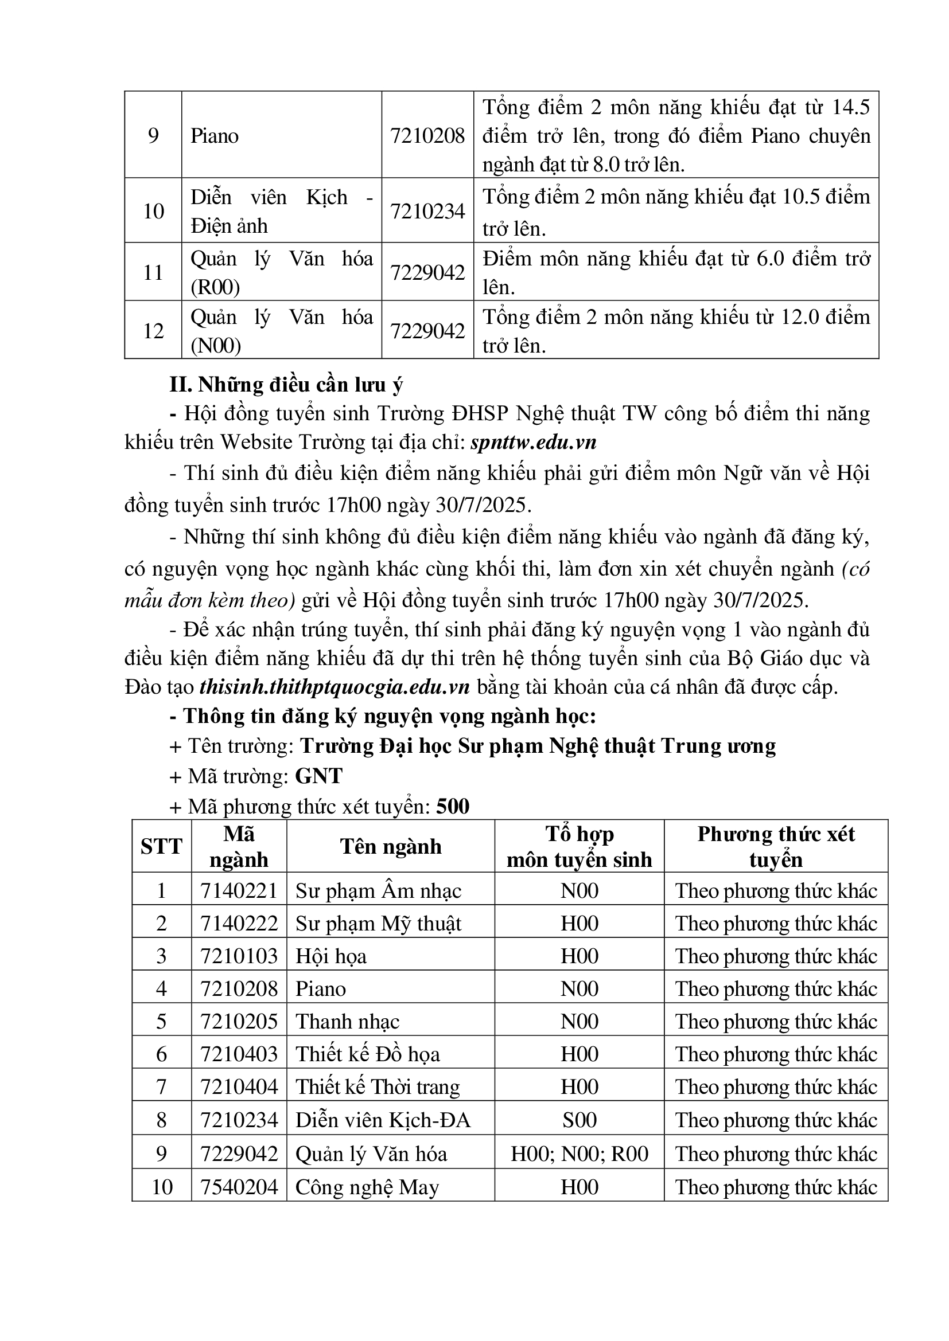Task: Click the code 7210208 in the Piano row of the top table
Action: [x=427, y=136]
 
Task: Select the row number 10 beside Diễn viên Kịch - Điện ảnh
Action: [x=153, y=211]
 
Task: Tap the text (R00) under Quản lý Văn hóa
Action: [x=215, y=287]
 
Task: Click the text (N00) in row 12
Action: [x=216, y=346]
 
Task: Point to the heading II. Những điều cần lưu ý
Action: [x=286, y=385]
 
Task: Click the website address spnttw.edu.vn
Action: [x=534, y=442]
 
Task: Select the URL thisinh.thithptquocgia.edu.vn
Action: [x=335, y=687]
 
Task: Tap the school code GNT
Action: [x=318, y=776]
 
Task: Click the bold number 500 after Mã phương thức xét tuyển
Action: [x=453, y=807]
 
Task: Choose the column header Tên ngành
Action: [x=390, y=846]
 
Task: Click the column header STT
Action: [x=161, y=846]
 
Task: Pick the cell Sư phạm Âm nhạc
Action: [x=378, y=891]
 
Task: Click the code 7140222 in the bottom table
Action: [x=239, y=924]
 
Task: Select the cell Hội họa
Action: [x=330, y=956]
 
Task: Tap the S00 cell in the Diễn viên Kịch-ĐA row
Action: [x=579, y=1120]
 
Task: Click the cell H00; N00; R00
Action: [x=579, y=1154]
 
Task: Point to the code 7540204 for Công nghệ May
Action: [x=239, y=1187]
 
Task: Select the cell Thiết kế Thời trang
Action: [x=378, y=1087]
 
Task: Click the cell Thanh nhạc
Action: [x=347, y=1022]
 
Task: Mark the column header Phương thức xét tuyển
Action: [x=776, y=846]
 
